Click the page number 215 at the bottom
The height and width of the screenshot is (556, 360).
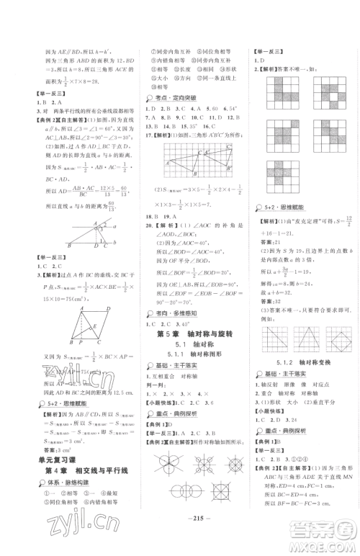[180, 537]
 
